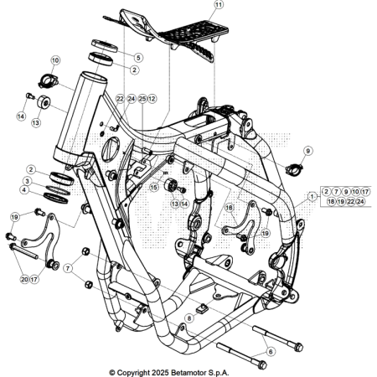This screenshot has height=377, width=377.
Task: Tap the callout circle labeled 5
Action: pos(139,57)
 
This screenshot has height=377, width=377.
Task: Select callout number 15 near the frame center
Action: pos(153,188)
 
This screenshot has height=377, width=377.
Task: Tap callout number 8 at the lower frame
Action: pos(190,318)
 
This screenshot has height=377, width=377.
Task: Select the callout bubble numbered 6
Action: pos(270,353)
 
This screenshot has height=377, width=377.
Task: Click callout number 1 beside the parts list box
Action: pos(312,197)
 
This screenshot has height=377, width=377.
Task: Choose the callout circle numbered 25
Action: pos(142,99)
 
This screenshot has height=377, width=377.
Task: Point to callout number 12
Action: pos(152,99)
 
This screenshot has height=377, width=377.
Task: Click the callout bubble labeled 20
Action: pos(24,279)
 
